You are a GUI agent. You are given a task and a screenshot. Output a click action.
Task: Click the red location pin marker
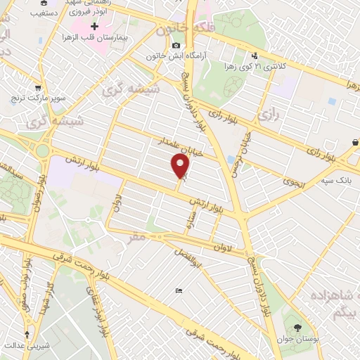(x=181, y=167)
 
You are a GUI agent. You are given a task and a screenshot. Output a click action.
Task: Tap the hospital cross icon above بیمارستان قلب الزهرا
(x=95, y=27)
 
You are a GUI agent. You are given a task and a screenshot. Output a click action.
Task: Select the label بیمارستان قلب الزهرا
(x=94, y=38)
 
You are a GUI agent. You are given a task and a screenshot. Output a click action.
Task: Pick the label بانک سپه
(x=336, y=181)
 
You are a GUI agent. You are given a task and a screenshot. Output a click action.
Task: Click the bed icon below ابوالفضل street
(x=179, y=291)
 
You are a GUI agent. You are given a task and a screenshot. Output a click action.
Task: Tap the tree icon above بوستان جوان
(x=297, y=328)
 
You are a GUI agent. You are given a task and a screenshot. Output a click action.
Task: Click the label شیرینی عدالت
(x=27, y=345)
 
